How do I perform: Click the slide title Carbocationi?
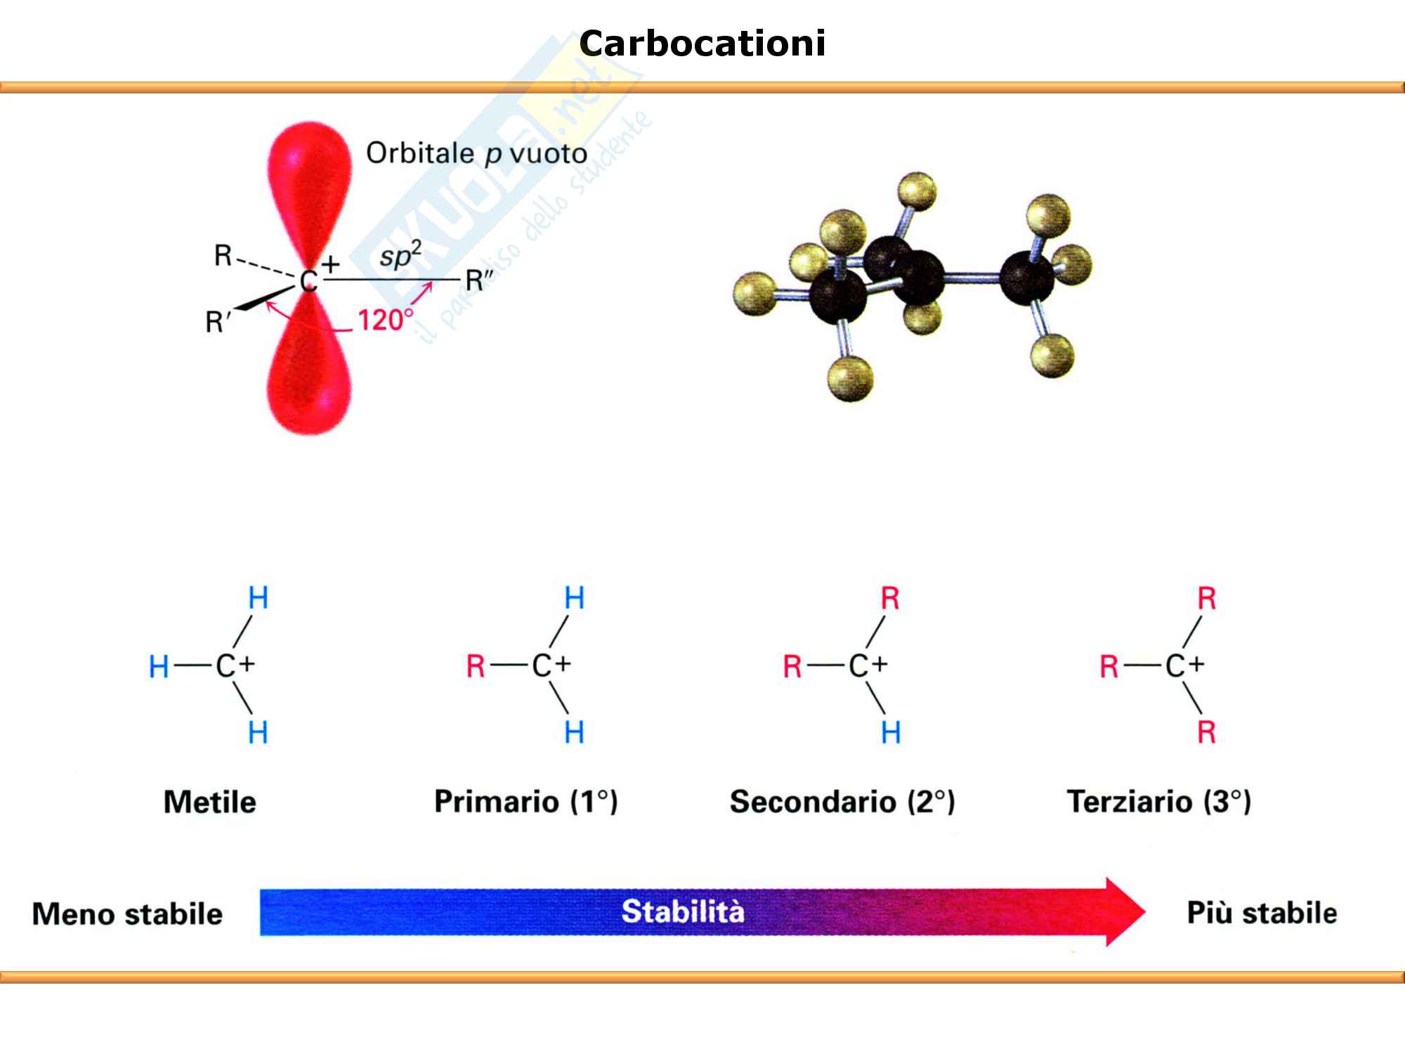point(702,44)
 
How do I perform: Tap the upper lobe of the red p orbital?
point(309,176)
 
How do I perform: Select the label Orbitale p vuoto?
point(476,153)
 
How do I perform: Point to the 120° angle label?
point(385,320)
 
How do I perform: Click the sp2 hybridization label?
point(400,254)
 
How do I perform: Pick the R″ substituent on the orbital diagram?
point(479,281)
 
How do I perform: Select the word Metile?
point(209,802)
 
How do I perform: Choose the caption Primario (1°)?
point(525,802)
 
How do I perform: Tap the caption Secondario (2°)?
point(842,802)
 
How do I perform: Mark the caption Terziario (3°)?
point(1158,802)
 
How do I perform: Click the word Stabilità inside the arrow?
point(682,911)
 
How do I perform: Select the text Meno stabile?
point(127,914)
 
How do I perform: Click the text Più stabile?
point(1262,913)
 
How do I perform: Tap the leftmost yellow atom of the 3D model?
point(755,293)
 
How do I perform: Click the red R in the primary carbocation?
point(476,666)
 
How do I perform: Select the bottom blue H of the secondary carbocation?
point(891,733)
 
